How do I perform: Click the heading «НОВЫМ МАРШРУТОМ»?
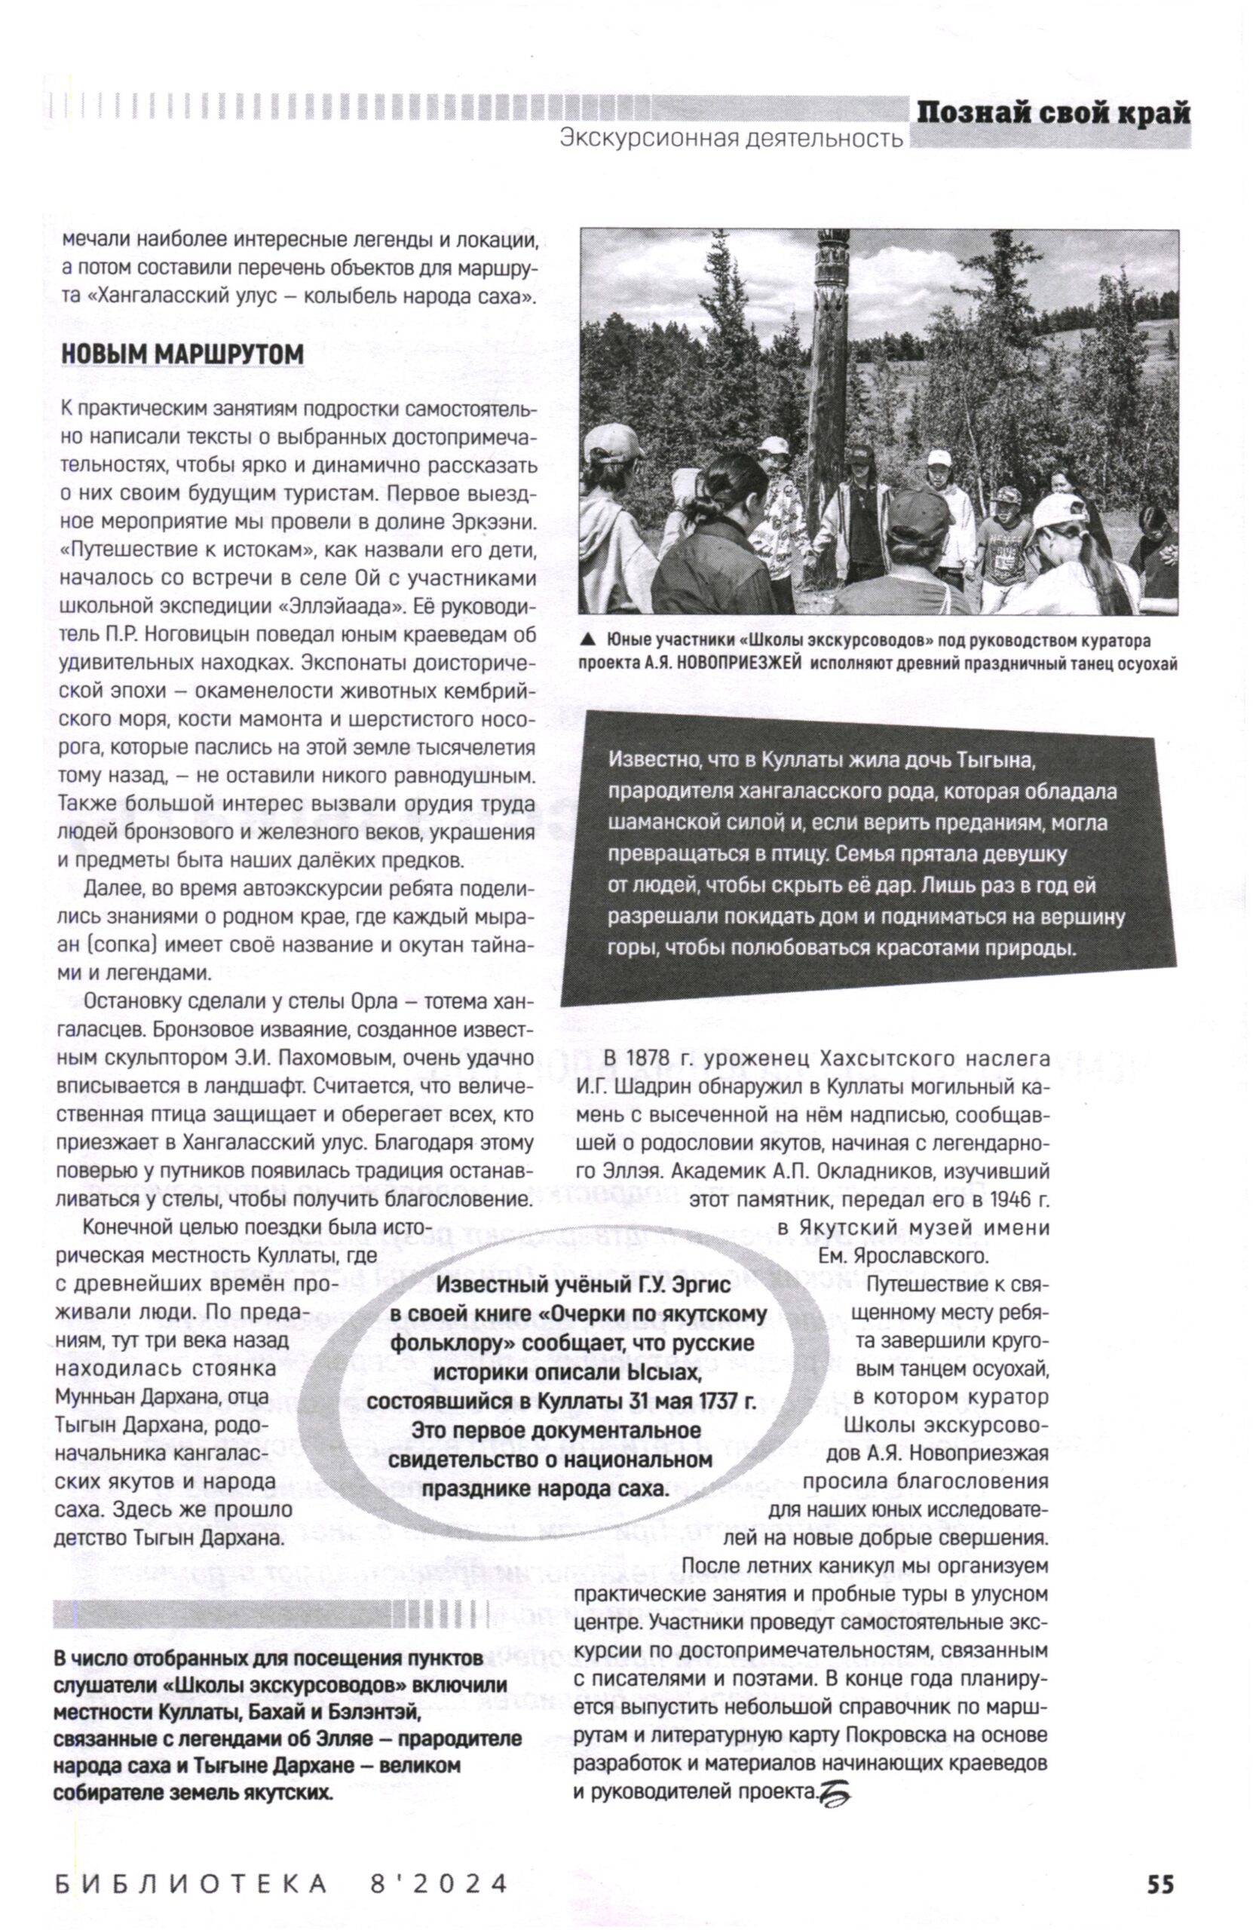tap(182, 354)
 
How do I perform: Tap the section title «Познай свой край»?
tap(1052, 113)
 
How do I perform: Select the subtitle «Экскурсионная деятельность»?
tap(731, 139)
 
